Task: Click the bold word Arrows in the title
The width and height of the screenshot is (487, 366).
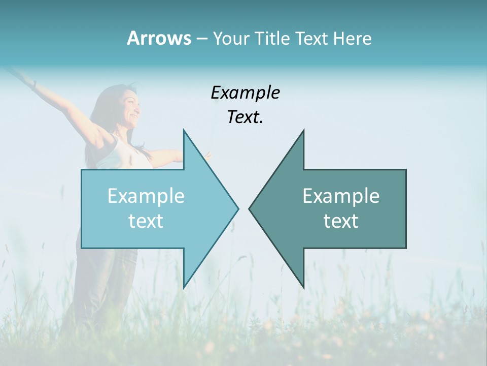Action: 159,38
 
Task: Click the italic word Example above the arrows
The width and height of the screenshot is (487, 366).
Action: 246,93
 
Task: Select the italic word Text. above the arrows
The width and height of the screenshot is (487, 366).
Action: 246,117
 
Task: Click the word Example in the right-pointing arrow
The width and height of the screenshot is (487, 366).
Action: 146,196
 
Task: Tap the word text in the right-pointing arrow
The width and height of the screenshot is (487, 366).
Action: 146,221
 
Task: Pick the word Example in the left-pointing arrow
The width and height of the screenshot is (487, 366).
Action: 341,196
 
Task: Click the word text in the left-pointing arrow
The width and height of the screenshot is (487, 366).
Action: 341,221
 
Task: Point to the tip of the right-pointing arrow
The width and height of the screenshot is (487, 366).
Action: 238,208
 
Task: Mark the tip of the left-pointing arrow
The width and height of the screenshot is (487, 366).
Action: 249,208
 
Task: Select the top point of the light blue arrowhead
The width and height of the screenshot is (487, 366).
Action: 184,130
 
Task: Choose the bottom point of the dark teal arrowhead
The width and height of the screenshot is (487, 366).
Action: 303,288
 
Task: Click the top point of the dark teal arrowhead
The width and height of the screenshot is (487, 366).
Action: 303,130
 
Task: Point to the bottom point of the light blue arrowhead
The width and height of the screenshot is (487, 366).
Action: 184,288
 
